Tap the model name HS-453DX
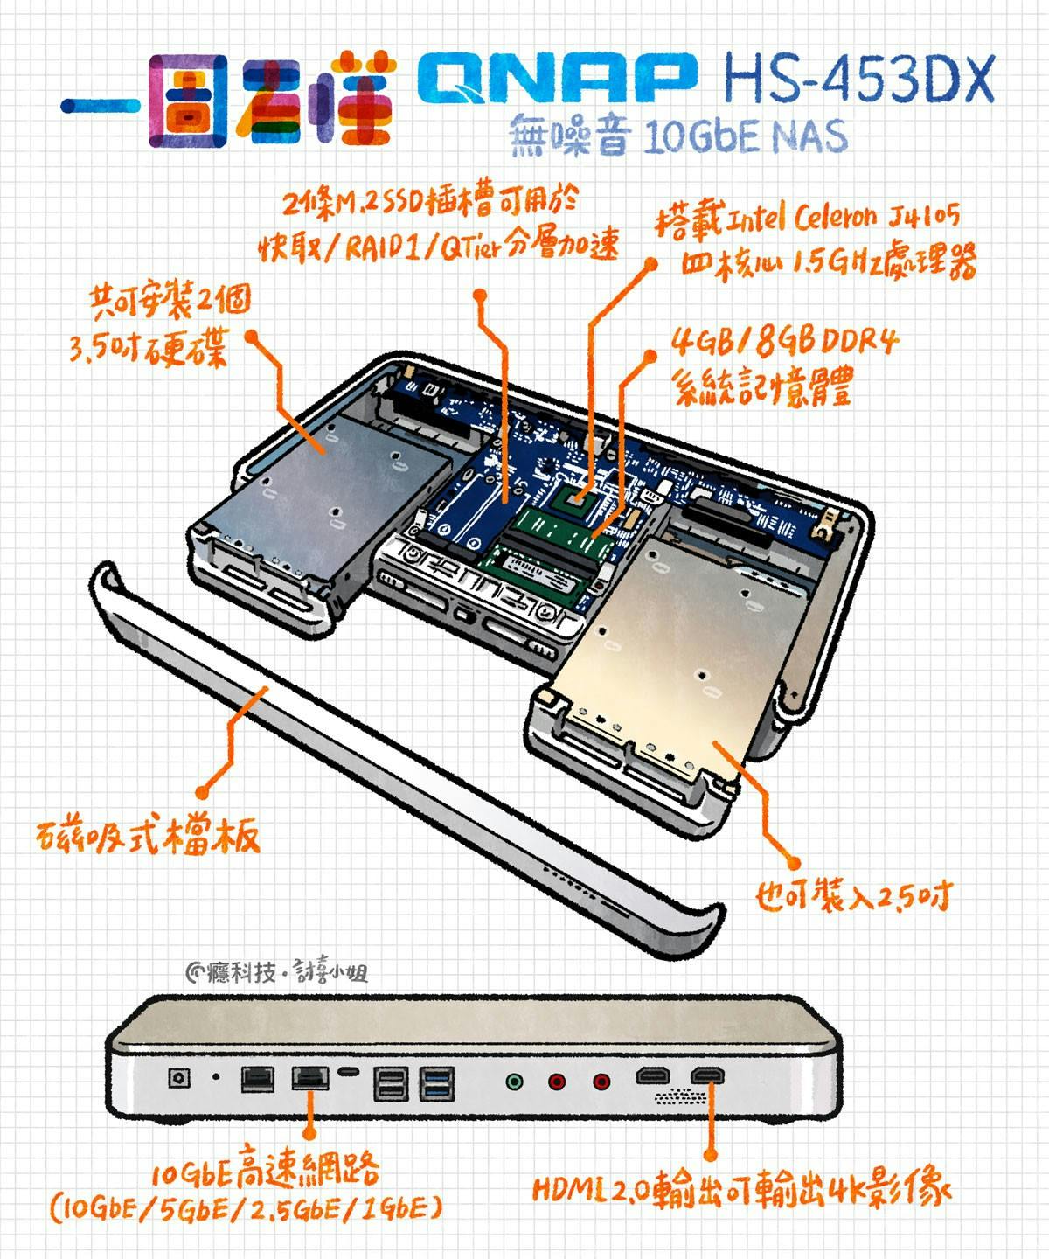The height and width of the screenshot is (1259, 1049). pos(858,79)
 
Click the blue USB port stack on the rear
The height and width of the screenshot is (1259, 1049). pos(437,1083)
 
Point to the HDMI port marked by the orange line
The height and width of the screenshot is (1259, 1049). pos(707,1075)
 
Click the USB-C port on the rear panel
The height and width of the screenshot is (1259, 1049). pos(349,1072)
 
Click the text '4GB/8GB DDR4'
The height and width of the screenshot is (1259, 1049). pos(785,342)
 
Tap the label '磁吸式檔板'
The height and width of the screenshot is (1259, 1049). pos(149,837)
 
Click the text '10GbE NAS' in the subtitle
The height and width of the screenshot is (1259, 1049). pos(747,137)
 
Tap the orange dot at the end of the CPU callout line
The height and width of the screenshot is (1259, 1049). pos(650,263)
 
